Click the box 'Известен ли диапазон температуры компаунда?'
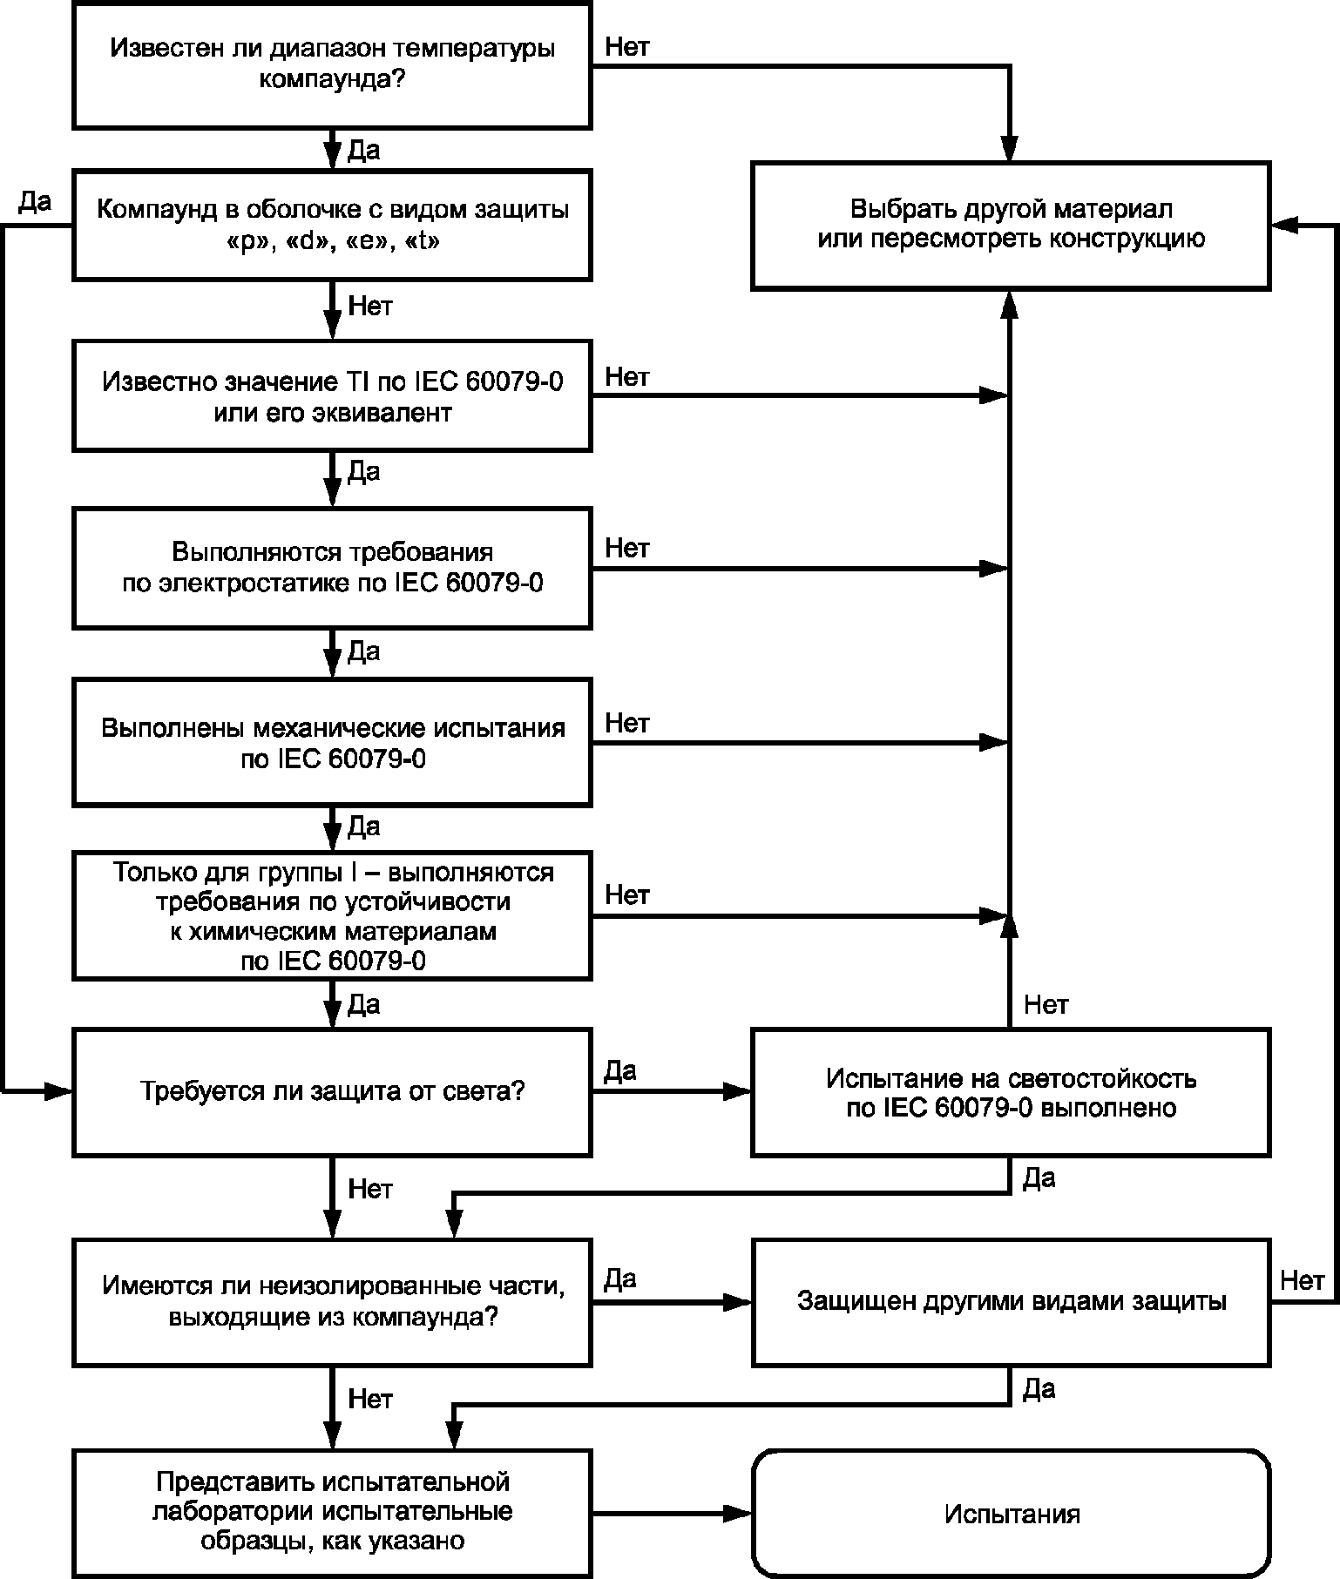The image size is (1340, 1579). pos(332,64)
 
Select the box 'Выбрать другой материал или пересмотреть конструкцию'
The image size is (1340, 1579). pos(1011,225)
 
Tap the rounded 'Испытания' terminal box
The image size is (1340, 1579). pos(1011,1514)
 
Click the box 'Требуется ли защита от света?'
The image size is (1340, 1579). pos(332,1092)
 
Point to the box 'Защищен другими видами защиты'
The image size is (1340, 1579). pos(1011,1301)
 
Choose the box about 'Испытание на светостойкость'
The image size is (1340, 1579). pos(1011,1092)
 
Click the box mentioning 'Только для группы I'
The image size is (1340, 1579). pos(332,915)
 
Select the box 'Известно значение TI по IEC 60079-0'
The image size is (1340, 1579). pos(332,396)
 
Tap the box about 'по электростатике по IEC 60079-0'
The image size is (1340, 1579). pos(332,568)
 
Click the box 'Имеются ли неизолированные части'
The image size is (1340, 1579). pos(332,1301)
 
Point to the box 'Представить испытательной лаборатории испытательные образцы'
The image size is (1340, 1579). pos(332,1514)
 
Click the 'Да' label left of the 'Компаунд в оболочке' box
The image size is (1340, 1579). pos(35,202)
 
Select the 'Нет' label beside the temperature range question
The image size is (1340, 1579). pos(626,47)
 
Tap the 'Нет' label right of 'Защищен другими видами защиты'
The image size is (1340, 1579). pos(1302,1280)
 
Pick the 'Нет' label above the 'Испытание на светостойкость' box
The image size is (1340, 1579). pos(1046,1005)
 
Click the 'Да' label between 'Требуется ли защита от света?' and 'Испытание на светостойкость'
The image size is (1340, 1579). pos(620,1070)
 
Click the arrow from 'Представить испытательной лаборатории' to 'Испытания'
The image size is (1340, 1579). pos(672,1514)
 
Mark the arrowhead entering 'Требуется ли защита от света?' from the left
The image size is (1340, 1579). pos(58,1090)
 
